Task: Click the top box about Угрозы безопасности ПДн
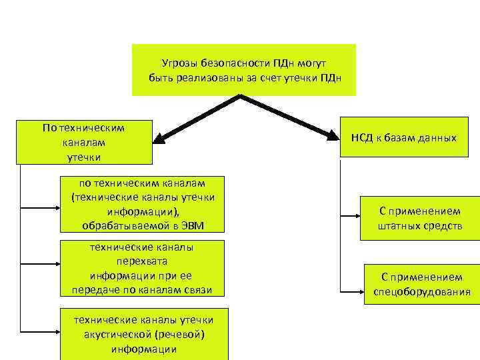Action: pos(244,70)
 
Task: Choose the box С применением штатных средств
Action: pos(420,217)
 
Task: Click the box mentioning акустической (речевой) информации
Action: pos(144,333)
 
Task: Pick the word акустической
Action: pos(117,334)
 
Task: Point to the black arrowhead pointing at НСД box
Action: pos(334,136)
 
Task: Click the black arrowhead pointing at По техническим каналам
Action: pos(159,139)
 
